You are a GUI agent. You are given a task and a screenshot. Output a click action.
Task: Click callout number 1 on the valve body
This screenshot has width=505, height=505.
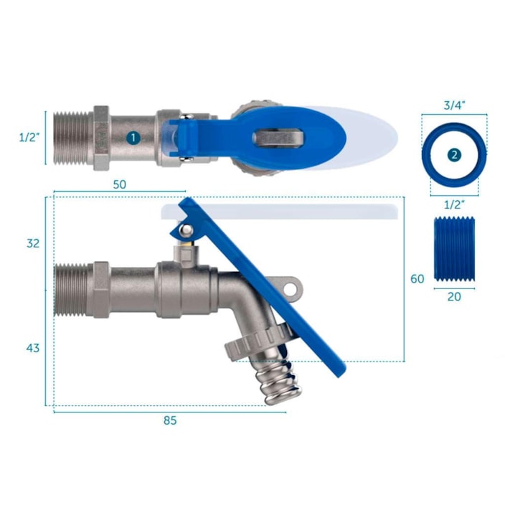tap(133, 136)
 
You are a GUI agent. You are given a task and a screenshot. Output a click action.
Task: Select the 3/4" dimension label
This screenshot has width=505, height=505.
tap(453, 105)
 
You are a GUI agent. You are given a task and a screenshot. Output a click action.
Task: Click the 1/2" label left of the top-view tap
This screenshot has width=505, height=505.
tap(29, 137)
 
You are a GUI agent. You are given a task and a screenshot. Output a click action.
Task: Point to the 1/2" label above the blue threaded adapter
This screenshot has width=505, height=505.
tap(453, 205)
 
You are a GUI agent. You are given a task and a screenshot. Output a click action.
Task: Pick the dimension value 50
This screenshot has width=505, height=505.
tap(119, 184)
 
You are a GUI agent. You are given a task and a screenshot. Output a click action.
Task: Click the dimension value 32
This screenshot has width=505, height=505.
tap(33, 243)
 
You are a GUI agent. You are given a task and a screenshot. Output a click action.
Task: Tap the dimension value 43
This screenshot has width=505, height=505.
tap(33, 348)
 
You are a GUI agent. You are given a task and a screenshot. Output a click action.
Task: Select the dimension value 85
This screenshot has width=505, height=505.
tap(169, 420)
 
